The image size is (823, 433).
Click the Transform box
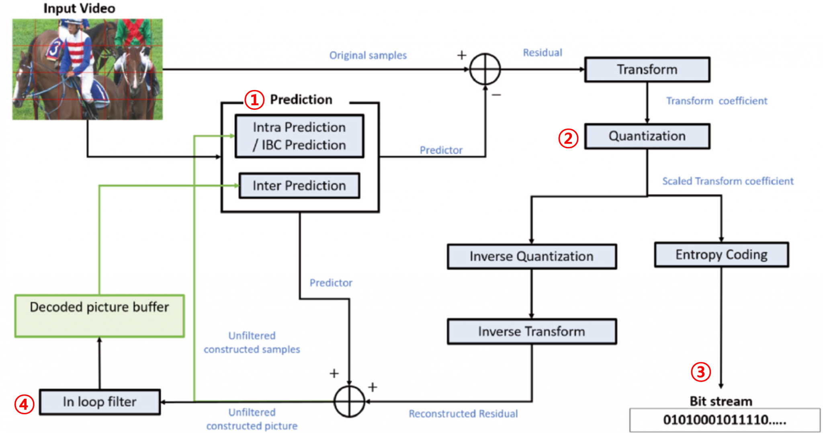[x=647, y=70]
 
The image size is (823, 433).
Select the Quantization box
[x=647, y=136]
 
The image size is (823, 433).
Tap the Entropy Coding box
[x=721, y=254]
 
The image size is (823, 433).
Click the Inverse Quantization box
[x=532, y=257]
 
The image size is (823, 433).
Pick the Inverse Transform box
[x=532, y=332]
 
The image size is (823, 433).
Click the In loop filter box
[x=100, y=402]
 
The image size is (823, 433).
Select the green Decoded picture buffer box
[x=100, y=316]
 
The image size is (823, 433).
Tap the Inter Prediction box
[x=299, y=186]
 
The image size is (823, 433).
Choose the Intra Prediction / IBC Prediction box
[x=299, y=136]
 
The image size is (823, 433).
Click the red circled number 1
[x=254, y=100]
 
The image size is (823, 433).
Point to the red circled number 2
[x=568, y=138]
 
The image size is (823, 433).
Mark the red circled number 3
[x=700, y=372]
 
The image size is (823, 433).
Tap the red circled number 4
[x=24, y=404]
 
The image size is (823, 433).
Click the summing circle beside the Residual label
[x=485, y=69]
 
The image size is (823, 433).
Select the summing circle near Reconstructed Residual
[x=349, y=401]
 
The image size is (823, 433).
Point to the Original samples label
[x=368, y=55]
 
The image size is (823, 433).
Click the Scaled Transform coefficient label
[x=728, y=181]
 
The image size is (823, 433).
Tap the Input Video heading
[x=79, y=8]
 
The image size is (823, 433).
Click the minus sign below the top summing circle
[x=496, y=95]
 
